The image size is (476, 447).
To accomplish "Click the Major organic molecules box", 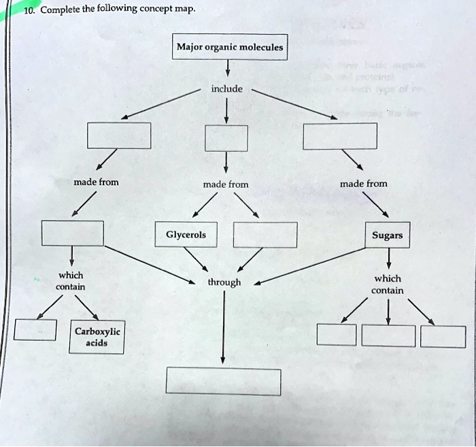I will [x=230, y=47].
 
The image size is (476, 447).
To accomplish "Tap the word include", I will [x=226, y=88].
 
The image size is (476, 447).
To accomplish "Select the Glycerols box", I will [x=186, y=235].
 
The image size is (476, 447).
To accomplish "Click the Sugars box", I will [x=388, y=235].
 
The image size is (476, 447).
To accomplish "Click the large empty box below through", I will [x=223, y=381].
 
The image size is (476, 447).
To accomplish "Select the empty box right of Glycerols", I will [x=265, y=235].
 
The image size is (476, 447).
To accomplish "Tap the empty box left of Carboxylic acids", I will [x=35, y=330].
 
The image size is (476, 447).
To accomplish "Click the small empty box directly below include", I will [x=226, y=138].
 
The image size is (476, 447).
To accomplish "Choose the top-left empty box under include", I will [x=118, y=135].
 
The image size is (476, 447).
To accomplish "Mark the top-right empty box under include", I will [x=339, y=135].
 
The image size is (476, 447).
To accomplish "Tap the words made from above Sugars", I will [x=363, y=184].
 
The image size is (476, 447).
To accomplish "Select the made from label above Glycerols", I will [x=226, y=184].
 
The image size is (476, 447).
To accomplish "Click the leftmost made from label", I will [x=96, y=182].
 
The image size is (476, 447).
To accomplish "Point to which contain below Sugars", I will [x=388, y=284].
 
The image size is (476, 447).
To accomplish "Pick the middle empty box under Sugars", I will [x=388, y=336].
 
